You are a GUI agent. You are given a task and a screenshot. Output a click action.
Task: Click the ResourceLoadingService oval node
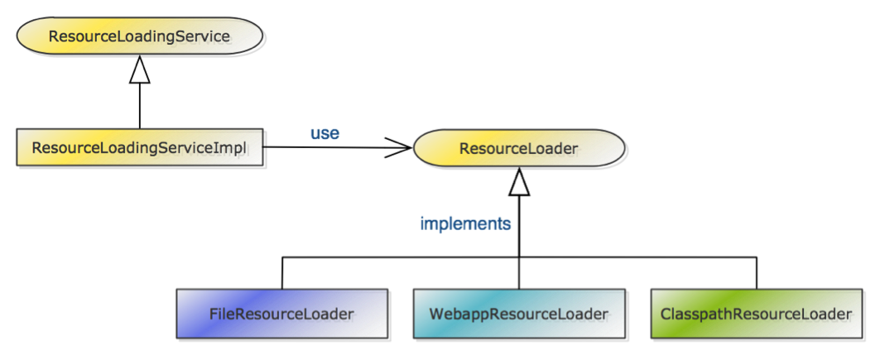(139, 37)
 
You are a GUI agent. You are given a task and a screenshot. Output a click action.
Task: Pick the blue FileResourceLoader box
(281, 314)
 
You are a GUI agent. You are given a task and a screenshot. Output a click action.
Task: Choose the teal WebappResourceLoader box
(518, 314)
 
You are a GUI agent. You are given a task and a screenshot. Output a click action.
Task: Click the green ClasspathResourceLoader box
(756, 314)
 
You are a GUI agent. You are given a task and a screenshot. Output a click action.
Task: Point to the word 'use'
(325, 132)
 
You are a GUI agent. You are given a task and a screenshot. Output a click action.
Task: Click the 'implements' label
(465, 223)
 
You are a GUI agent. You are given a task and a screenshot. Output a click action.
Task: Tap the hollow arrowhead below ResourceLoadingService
(139, 72)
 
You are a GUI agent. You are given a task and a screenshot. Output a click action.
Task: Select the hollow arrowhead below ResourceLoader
(519, 183)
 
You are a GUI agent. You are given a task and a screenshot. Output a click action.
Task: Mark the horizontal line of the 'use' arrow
(331, 148)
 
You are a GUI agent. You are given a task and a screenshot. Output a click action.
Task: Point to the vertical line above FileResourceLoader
(281, 273)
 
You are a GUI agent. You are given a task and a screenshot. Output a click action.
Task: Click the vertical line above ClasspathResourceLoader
(756, 273)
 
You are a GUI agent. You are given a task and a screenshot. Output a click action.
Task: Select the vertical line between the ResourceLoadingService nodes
(139, 106)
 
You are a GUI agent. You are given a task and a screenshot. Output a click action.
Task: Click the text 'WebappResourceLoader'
(519, 314)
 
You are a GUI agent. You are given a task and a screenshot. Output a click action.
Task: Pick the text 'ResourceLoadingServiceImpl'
(140, 148)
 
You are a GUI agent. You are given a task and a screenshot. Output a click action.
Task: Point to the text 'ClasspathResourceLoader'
(756, 314)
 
